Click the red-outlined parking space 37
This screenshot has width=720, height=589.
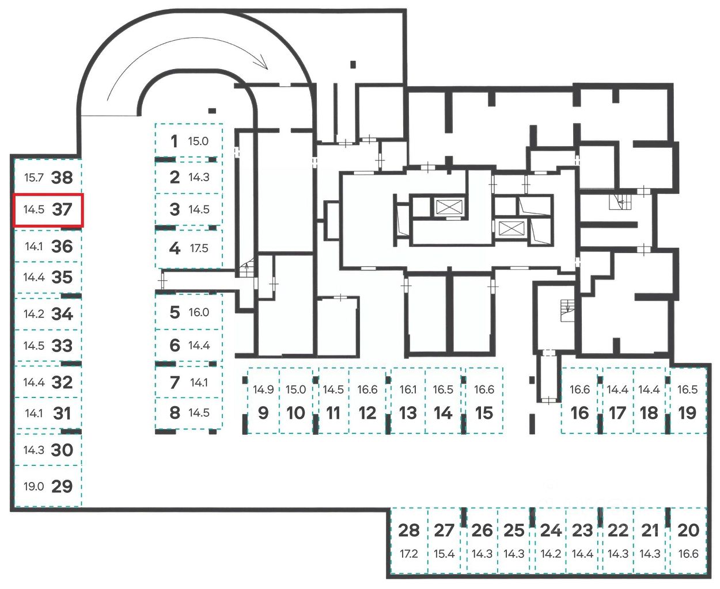tap(49, 210)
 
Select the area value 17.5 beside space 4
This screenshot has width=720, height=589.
tap(199, 248)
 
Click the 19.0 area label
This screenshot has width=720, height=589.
tap(33, 487)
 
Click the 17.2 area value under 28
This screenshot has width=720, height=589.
tap(408, 554)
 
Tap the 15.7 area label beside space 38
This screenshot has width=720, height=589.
tap(33, 177)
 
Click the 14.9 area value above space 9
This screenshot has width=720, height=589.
tap(263, 389)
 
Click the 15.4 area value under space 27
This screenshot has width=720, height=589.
tap(444, 554)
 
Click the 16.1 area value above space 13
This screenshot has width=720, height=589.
tap(408, 389)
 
